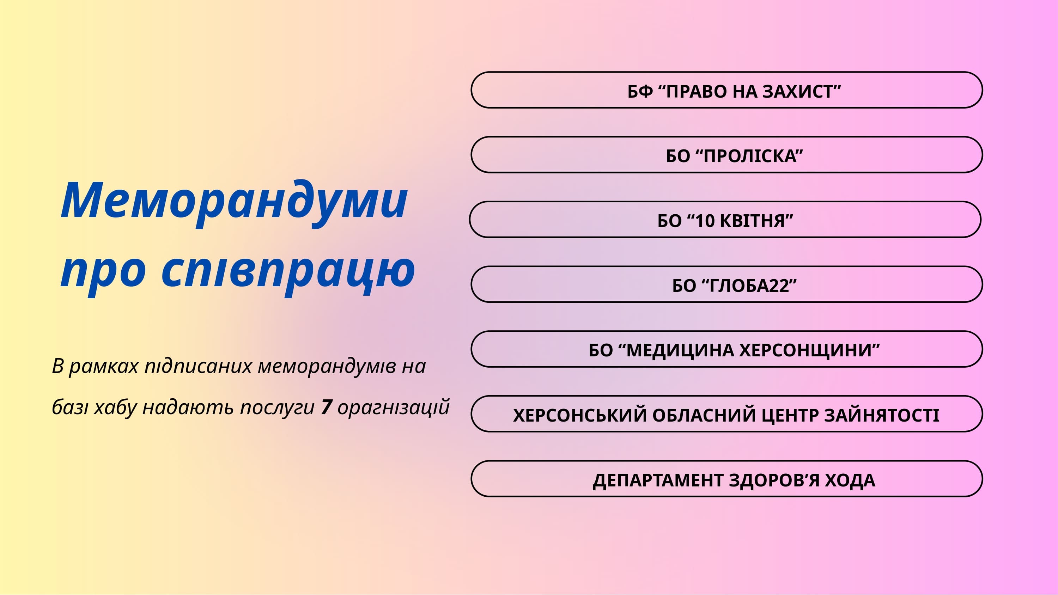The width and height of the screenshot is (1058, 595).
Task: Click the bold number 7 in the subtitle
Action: (327, 407)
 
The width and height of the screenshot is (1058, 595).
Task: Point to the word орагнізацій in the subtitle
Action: (394, 408)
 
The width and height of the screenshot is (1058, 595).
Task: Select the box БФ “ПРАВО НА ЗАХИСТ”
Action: (726, 90)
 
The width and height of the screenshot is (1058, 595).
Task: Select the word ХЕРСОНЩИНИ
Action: (806, 351)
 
